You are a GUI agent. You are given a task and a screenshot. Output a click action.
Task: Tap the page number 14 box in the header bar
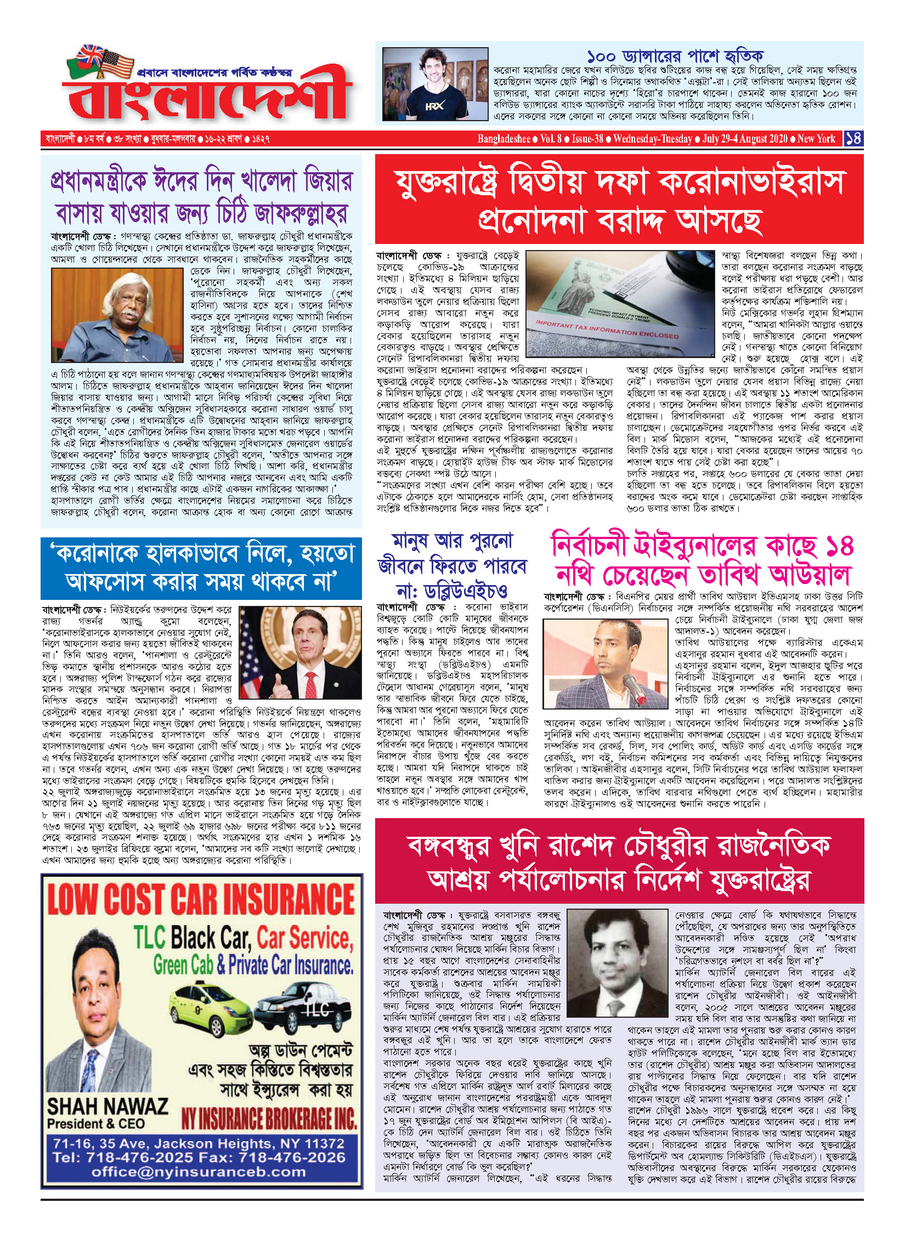click(853, 138)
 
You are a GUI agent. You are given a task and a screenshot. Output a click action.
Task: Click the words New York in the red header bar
click(816, 139)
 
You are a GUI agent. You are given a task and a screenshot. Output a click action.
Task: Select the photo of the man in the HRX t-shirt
click(435, 84)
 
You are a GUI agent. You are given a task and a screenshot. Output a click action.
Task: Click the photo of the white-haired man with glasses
click(117, 315)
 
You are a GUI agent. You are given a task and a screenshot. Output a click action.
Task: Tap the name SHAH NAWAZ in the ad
click(108, 1106)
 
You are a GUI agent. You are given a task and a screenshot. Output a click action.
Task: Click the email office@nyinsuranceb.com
click(199, 1172)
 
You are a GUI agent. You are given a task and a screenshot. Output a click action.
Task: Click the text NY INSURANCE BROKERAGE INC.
click(269, 1119)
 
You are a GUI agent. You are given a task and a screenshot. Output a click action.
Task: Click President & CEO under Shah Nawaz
click(96, 1124)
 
